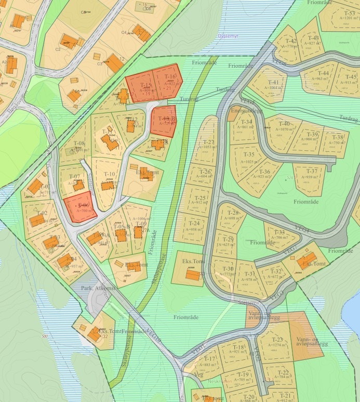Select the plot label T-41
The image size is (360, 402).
click(x=273, y=83)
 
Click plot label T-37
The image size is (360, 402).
click(x=311, y=171)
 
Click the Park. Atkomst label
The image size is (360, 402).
click(x=97, y=287)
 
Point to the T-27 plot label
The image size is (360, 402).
click(x=208, y=142)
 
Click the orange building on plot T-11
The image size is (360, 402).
click(x=109, y=141)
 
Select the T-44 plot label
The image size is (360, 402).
click(x=324, y=73)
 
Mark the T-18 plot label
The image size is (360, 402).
click(x=238, y=347)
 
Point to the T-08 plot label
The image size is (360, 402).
click(x=79, y=144)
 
